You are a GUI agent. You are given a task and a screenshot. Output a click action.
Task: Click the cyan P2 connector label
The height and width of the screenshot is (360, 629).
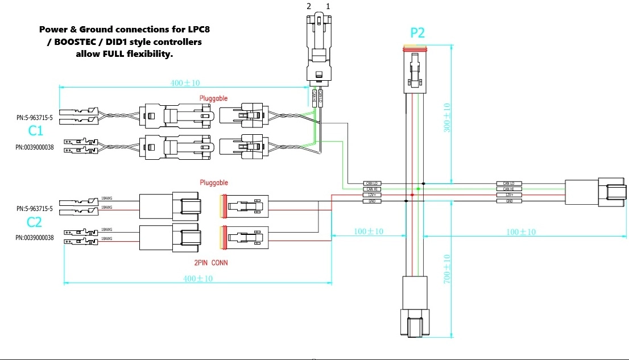pyautogui.click(x=417, y=33)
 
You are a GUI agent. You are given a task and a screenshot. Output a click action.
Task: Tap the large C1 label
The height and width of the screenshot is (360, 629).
pyautogui.click(x=36, y=131)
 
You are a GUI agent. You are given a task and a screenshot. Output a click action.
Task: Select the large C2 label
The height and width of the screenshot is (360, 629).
pyautogui.click(x=35, y=222)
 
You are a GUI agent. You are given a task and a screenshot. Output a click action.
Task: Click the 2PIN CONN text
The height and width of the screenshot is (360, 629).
pyautogui.click(x=211, y=263)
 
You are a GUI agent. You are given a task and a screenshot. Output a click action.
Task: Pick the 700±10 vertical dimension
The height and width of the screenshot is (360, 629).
pyautogui.click(x=446, y=270)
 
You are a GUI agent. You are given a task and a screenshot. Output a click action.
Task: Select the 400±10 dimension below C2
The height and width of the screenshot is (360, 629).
pyautogui.click(x=197, y=279)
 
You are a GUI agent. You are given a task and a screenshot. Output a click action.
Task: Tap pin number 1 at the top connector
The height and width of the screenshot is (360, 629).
pyautogui.click(x=328, y=6)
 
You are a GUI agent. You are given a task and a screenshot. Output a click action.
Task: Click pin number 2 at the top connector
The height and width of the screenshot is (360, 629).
pyautogui.click(x=309, y=6)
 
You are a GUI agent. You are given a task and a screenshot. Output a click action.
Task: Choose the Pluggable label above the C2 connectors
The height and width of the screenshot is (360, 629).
pyautogui.click(x=213, y=183)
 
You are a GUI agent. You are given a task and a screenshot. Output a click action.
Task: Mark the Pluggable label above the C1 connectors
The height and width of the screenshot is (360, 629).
pyautogui.click(x=213, y=98)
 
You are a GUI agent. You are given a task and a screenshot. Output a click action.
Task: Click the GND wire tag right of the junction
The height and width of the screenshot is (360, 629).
pyautogui.click(x=508, y=201)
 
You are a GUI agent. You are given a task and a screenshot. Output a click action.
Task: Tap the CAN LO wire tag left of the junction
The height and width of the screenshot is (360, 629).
pyautogui.click(x=372, y=183)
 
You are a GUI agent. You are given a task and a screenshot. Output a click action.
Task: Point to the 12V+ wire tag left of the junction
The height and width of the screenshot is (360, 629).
pyautogui.click(x=372, y=195)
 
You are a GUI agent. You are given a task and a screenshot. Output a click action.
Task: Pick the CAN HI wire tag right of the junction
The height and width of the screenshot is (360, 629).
pyautogui.click(x=508, y=189)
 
